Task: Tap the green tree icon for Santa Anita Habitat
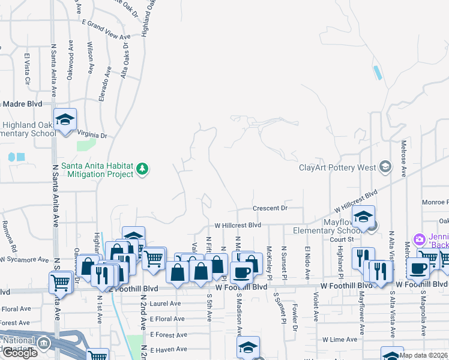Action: click(142, 169)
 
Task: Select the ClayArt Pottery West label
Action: click(337, 167)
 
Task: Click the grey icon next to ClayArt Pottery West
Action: click(385, 167)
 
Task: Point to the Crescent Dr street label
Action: click(270, 208)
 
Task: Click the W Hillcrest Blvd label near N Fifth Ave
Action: click(238, 225)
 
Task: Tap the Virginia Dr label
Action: click(92, 136)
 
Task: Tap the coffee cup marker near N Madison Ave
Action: click(242, 272)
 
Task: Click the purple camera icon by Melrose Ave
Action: click(419, 239)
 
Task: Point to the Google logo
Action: click(20, 353)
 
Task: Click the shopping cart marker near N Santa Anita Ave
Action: click(60, 282)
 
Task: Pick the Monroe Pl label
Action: click(435, 202)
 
